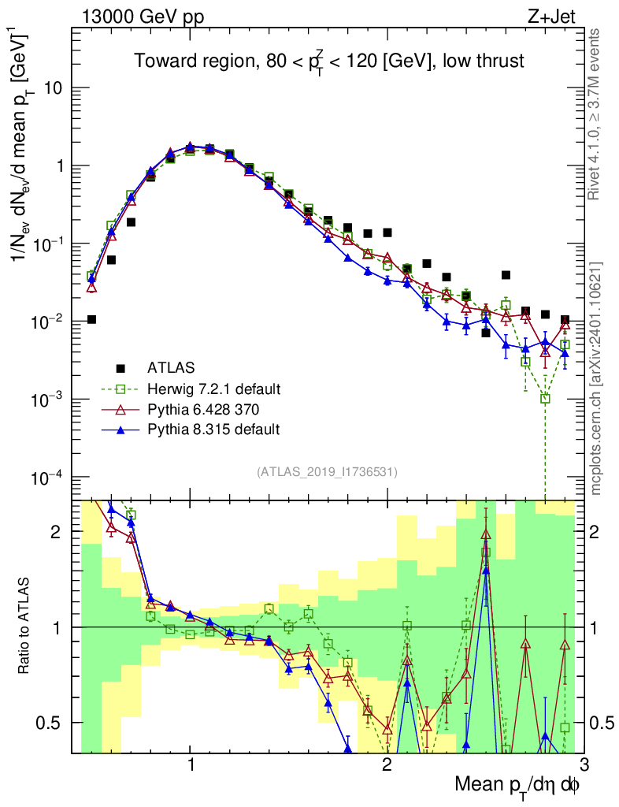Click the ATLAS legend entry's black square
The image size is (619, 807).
120,367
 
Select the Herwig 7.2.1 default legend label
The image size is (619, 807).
214,389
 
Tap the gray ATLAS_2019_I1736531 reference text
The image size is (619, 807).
327,472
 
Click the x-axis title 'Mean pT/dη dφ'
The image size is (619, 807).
518,784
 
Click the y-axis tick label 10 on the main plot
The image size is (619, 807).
54,88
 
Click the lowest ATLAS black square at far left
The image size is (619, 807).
91,319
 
